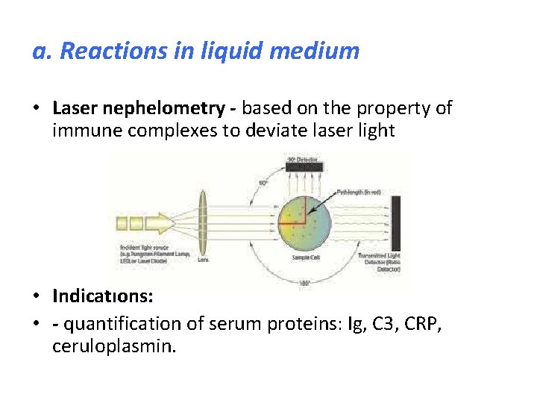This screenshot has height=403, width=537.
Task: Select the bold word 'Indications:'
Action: (x=103, y=296)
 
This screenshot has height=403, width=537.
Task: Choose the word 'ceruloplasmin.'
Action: (x=114, y=347)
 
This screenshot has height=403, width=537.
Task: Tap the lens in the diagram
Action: (x=203, y=221)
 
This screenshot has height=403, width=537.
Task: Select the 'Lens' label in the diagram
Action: (x=203, y=260)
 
